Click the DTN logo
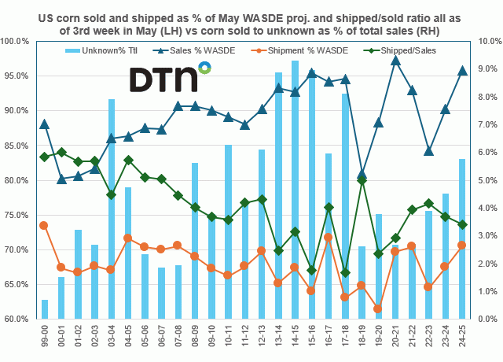click(168, 79)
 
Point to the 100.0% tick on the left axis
click(17, 41)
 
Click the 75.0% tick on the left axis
click(17, 215)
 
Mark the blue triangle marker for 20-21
click(395, 60)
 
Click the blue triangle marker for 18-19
click(362, 174)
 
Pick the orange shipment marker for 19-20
click(378, 308)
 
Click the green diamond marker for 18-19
click(362, 180)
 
